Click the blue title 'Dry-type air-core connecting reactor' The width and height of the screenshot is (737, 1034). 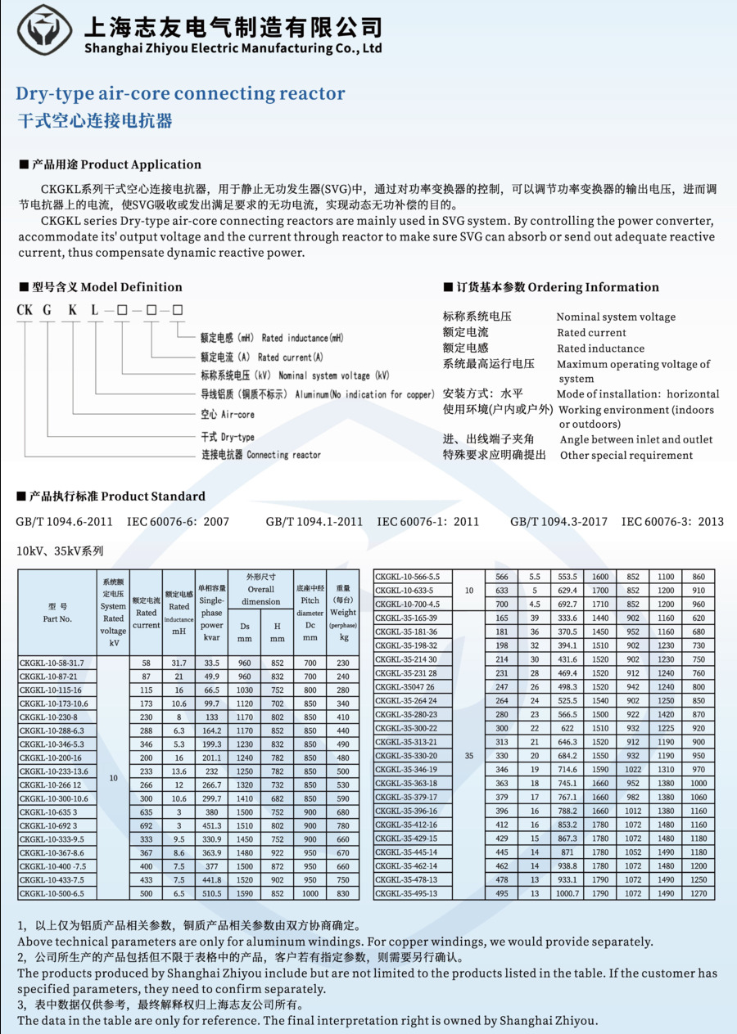(180, 93)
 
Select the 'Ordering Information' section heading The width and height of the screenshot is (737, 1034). (593, 287)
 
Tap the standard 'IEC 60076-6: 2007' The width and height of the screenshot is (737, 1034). (178, 521)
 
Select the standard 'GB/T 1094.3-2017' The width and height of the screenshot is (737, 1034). (558, 521)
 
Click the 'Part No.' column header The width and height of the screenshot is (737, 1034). (57, 619)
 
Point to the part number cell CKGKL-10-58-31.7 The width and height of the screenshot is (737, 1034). (52, 663)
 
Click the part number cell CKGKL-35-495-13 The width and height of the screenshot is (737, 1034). (406, 893)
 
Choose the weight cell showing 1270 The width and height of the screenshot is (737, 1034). (698, 893)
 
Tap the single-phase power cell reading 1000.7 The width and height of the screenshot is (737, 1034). (567, 893)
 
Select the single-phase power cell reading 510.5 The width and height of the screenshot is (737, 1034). (211, 894)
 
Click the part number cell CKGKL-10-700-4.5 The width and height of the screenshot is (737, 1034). (408, 604)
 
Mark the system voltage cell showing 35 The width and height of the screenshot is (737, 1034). (468, 756)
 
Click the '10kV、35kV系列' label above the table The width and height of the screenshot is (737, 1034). (60, 551)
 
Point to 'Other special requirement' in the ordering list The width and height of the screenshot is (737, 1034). (626, 456)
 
